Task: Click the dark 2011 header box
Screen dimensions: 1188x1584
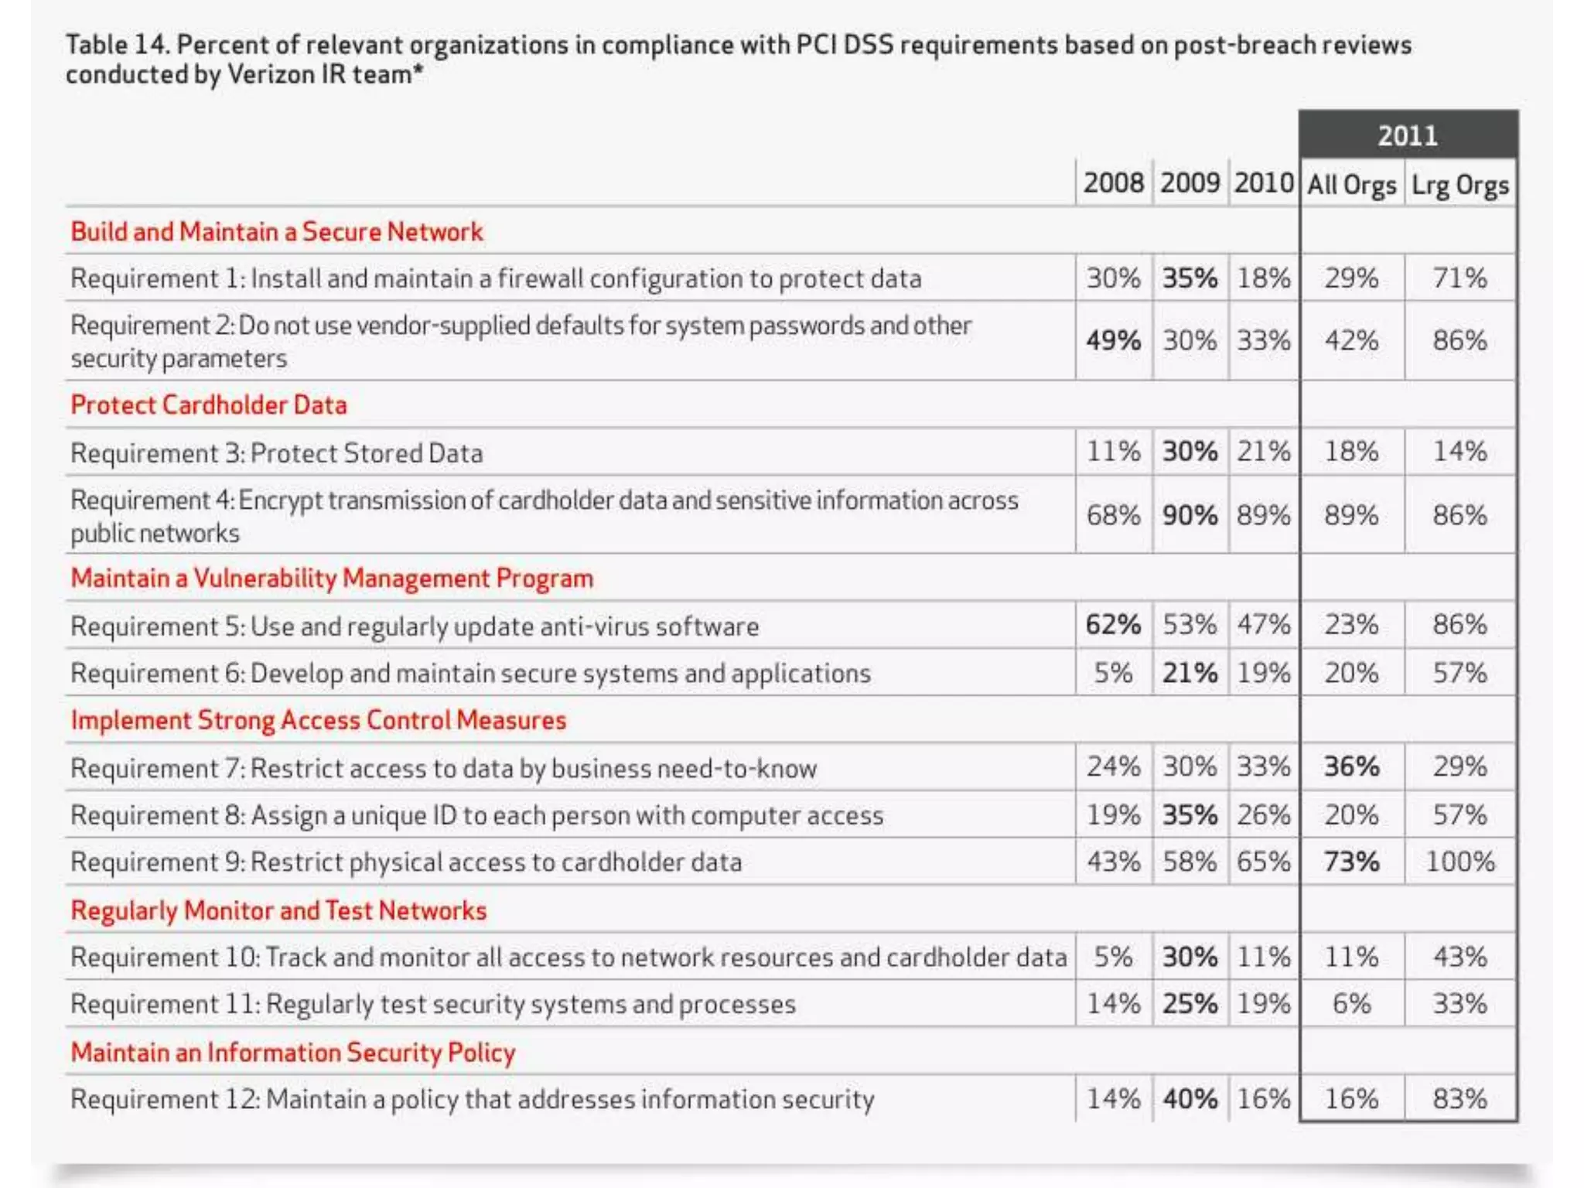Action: [1408, 135]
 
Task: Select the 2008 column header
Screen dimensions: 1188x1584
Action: [1113, 183]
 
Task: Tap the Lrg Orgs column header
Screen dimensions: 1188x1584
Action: [1459, 186]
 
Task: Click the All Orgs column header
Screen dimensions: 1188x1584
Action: [1351, 186]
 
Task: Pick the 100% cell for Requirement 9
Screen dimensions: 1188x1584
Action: [1459, 862]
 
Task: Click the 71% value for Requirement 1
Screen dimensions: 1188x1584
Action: [1459, 278]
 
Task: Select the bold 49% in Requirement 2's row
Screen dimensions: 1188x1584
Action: [1113, 340]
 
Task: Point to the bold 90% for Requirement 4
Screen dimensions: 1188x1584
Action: [1190, 515]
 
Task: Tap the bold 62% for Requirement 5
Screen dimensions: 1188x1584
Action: [1113, 625]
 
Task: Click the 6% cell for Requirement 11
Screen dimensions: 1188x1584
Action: [1351, 1004]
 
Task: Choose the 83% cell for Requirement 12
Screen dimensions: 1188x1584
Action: [1459, 1099]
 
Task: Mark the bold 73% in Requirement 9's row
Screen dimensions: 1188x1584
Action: [1351, 862]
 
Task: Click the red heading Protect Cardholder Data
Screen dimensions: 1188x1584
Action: [209, 405]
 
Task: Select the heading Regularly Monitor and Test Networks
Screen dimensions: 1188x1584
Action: [278, 910]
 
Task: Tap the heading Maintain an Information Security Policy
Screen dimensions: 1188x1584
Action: [292, 1053]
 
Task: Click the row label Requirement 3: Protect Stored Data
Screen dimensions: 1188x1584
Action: [276, 453]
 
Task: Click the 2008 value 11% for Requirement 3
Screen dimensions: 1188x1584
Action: [1113, 452]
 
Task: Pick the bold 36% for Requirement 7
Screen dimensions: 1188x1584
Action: [1351, 767]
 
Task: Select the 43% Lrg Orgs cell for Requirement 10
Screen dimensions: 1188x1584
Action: [1459, 958]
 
